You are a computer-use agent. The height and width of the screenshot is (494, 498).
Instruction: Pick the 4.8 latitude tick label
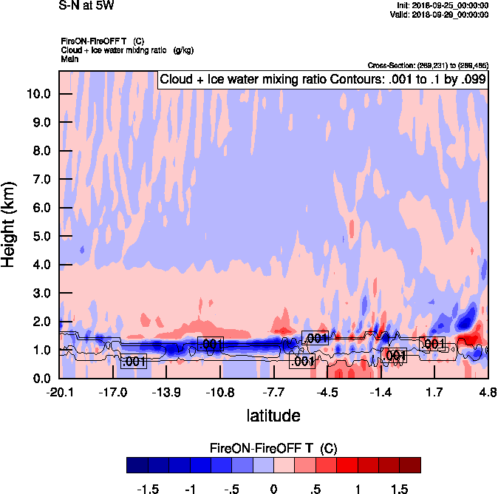point(487,391)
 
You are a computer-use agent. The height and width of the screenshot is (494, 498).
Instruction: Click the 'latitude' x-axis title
point(273,415)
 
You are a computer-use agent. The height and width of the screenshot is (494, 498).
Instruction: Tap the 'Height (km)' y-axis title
point(10,225)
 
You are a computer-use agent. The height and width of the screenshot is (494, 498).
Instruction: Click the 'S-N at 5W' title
point(86,6)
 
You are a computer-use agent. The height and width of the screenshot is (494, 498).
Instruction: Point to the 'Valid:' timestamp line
point(441,14)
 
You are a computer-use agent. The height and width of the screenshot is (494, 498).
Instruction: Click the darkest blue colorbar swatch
point(137,464)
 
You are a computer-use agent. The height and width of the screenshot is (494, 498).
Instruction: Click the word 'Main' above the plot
point(69,58)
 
